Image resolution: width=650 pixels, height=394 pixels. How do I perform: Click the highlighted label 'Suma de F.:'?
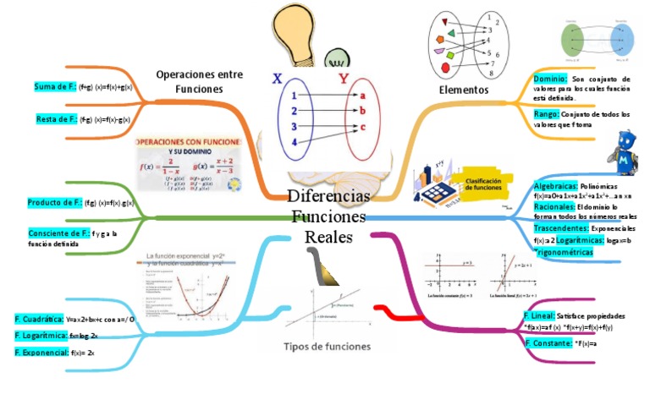click(55, 87)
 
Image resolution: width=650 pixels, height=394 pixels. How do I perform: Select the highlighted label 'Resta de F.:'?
click(56, 119)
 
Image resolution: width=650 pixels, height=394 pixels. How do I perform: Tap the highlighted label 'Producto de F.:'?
click(55, 203)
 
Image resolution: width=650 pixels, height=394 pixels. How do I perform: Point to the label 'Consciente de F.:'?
click(58, 233)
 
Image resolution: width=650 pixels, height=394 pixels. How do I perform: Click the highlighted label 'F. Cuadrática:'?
click(39, 320)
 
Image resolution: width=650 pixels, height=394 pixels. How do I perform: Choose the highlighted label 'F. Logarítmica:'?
click(41, 336)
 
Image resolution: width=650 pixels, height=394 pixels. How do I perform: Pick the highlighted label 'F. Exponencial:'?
click(41, 352)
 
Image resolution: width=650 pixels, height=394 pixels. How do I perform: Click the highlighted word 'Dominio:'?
click(550, 79)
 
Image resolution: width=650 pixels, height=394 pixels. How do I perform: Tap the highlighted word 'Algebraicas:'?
click(556, 185)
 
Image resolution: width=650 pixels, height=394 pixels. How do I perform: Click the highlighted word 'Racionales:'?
click(554, 206)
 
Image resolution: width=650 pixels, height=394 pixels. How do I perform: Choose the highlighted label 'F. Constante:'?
click(547, 342)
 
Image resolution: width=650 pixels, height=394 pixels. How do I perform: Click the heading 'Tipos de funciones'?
click(327, 347)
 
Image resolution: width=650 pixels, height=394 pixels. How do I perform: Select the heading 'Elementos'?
click(463, 90)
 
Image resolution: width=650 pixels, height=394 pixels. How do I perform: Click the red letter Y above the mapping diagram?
click(344, 79)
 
